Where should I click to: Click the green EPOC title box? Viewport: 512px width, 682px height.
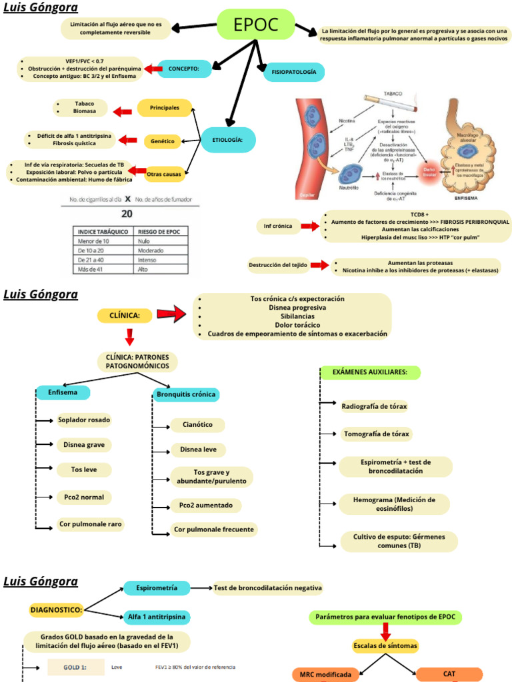click(x=256, y=25)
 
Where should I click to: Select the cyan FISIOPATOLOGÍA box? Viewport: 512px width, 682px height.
click(x=294, y=72)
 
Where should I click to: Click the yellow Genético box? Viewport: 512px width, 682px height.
click(x=163, y=141)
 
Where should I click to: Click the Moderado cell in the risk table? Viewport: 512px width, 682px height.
click(x=151, y=250)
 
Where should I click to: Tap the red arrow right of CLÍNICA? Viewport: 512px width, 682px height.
click(x=171, y=315)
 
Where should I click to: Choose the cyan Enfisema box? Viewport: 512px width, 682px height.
click(x=63, y=393)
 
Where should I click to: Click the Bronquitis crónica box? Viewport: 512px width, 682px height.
click(x=186, y=394)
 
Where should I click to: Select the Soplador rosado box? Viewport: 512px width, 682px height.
click(x=84, y=420)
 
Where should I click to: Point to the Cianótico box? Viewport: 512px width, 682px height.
click(x=197, y=425)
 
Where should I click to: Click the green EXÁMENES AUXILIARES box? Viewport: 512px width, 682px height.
click(x=370, y=372)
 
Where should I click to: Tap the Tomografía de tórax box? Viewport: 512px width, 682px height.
click(x=376, y=434)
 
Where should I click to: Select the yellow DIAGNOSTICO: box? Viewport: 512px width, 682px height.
click(x=57, y=609)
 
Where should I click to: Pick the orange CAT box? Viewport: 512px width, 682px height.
click(x=449, y=674)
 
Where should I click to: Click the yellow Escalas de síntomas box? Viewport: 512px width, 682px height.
click(x=385, y=645)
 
